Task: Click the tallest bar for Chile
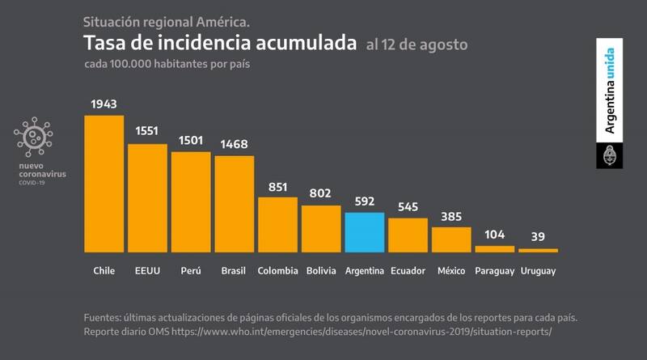click(104, 184)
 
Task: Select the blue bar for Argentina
click(365, 232)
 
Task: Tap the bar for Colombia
click(277, 224)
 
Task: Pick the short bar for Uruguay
click(538, 250)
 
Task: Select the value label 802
click(321, 195)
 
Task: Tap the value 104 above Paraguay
click(494, 235)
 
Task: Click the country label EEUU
click(147, 270)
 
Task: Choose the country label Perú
click(191, 270)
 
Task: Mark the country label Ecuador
click(408, 270)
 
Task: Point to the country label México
click(451, 270)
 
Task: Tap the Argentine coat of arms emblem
click(609, 155)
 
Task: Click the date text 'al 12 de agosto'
click(417, 43)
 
